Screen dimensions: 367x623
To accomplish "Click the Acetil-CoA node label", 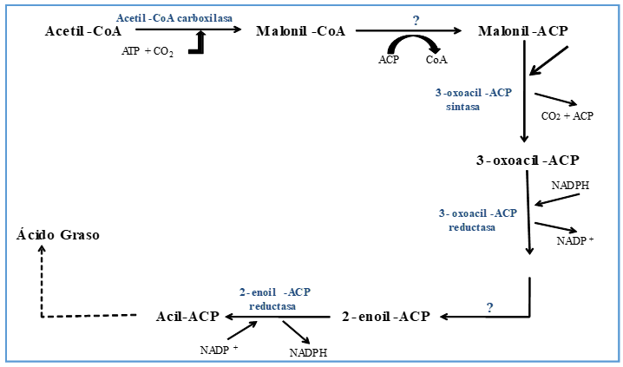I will [x=83, y=31].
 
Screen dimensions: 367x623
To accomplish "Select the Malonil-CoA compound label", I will [x=301, y=31].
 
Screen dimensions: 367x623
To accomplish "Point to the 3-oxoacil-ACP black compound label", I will [x=527, y=161].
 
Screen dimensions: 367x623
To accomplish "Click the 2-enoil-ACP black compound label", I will [x=385, y=316].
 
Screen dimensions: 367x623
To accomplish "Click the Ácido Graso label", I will [x=58, y=234].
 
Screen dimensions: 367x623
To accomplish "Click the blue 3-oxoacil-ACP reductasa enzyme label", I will [x=477, y=220].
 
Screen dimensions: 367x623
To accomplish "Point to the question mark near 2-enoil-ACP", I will [x=489, y=307].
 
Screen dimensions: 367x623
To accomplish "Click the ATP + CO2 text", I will [x=148, y=52].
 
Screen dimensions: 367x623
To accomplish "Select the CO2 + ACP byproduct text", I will [x=567, y=115].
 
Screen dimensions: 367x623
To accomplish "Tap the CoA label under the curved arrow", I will [x=436, y=60].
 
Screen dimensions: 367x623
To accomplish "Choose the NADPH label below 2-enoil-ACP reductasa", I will [x=309, y=353].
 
